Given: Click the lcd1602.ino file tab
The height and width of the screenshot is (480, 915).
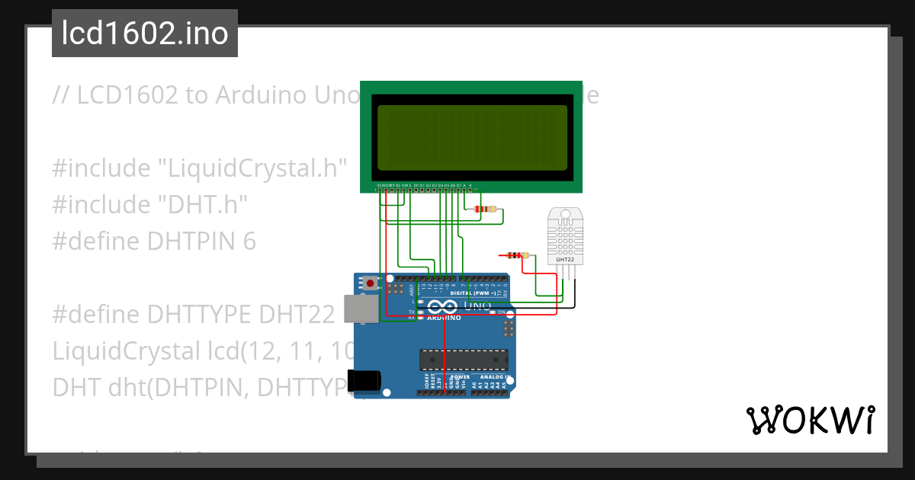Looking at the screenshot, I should coord(144,34).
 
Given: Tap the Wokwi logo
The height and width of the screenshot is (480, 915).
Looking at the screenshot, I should coord(809,420).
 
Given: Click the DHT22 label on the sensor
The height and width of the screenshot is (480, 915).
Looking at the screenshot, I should coord(565,260).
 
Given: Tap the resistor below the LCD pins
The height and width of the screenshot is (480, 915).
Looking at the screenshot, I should coord(484,209).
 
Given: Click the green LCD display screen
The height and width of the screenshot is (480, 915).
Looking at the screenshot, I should coord(472,138).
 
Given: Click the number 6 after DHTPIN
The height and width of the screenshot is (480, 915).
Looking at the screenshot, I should coord(249,241).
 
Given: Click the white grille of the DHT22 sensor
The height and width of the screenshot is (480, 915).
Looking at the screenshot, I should coord(565,235).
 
